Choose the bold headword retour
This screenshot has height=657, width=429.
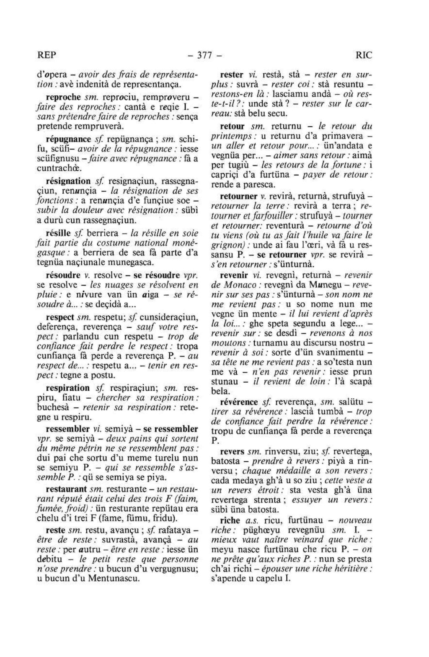click(x=232, y=126)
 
